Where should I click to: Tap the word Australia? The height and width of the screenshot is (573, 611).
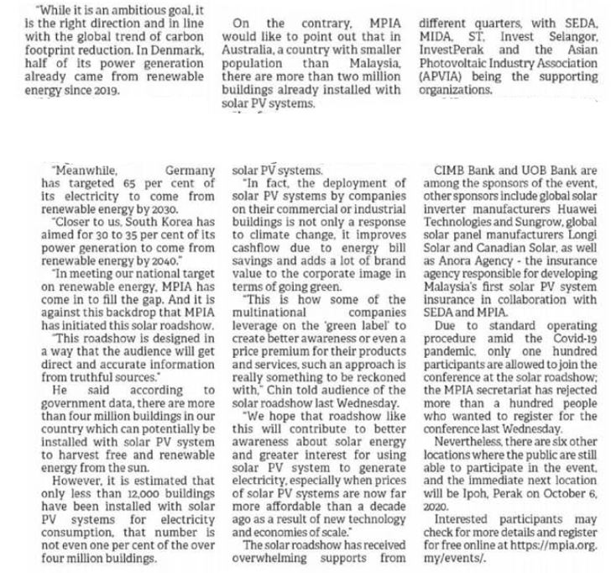pyautogui.click(x=256, y=63)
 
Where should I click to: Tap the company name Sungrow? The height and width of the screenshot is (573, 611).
pyautogui.click(x=501, y=227)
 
